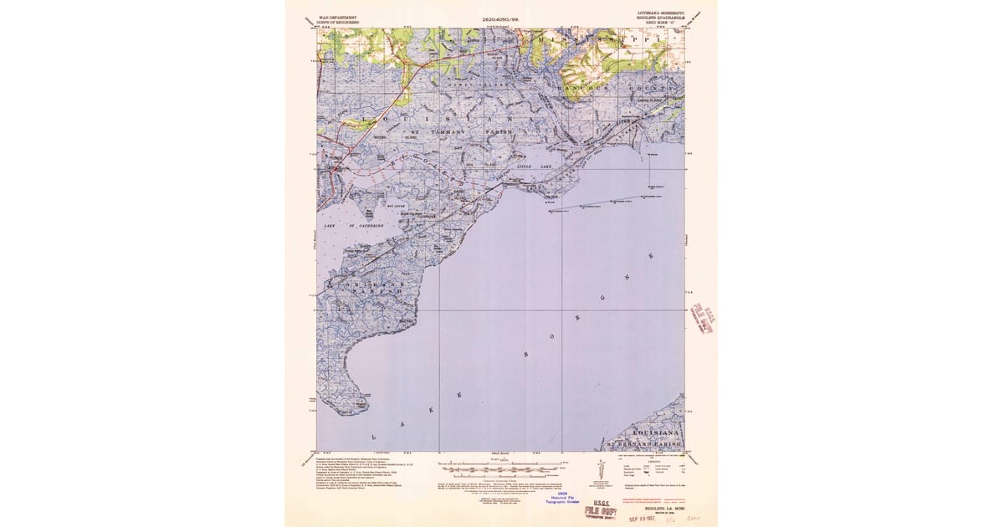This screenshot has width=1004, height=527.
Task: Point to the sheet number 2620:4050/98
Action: click(500, 18)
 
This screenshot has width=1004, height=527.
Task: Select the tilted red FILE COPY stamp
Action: click(700, 319)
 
